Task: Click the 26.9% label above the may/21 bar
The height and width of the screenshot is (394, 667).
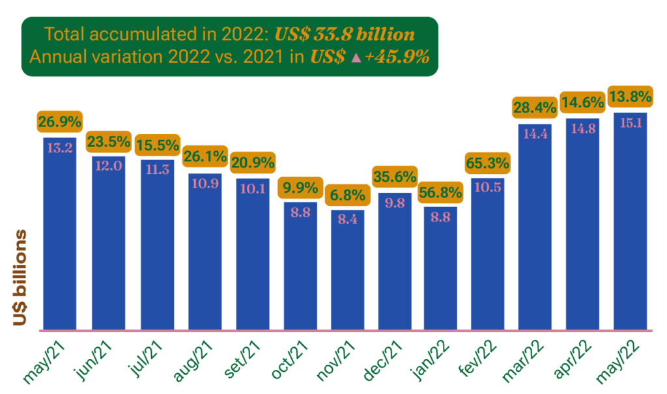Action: [59, 122]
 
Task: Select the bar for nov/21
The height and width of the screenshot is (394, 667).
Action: [347, 274]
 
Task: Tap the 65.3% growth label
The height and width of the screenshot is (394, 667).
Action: [487, 163]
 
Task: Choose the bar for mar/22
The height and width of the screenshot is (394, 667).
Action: [535, 228]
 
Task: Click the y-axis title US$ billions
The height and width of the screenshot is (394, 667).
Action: [20, 277]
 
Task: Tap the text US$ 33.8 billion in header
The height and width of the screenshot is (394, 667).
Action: [345, 34]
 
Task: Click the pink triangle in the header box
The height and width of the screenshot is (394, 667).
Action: [356, 58]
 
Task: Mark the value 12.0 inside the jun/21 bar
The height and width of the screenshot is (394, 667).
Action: [107, 165]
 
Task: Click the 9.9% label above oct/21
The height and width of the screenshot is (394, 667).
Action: [300, 188]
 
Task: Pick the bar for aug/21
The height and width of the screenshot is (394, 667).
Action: [205, 254]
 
